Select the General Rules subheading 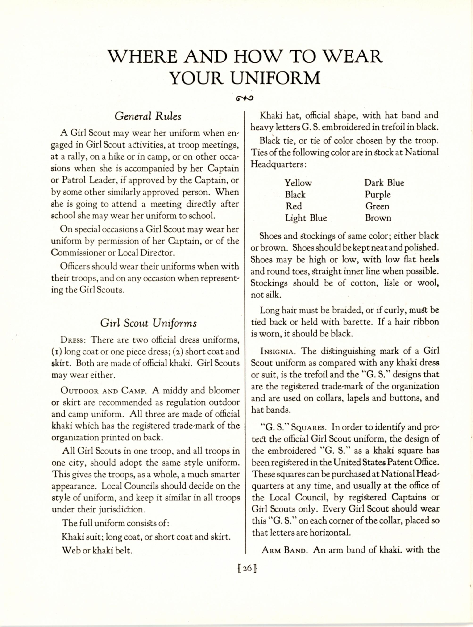coord(148,116)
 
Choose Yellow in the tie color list coord(298,183)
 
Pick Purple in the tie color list coord(378,194)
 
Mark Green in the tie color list coord(377,206)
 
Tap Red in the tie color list coord(294,206)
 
